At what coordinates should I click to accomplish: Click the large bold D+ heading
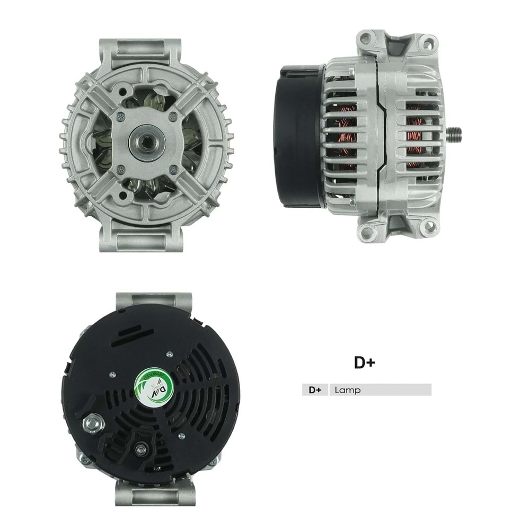365,363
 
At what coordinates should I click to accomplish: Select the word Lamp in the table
348,390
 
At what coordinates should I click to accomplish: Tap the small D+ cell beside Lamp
315,390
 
